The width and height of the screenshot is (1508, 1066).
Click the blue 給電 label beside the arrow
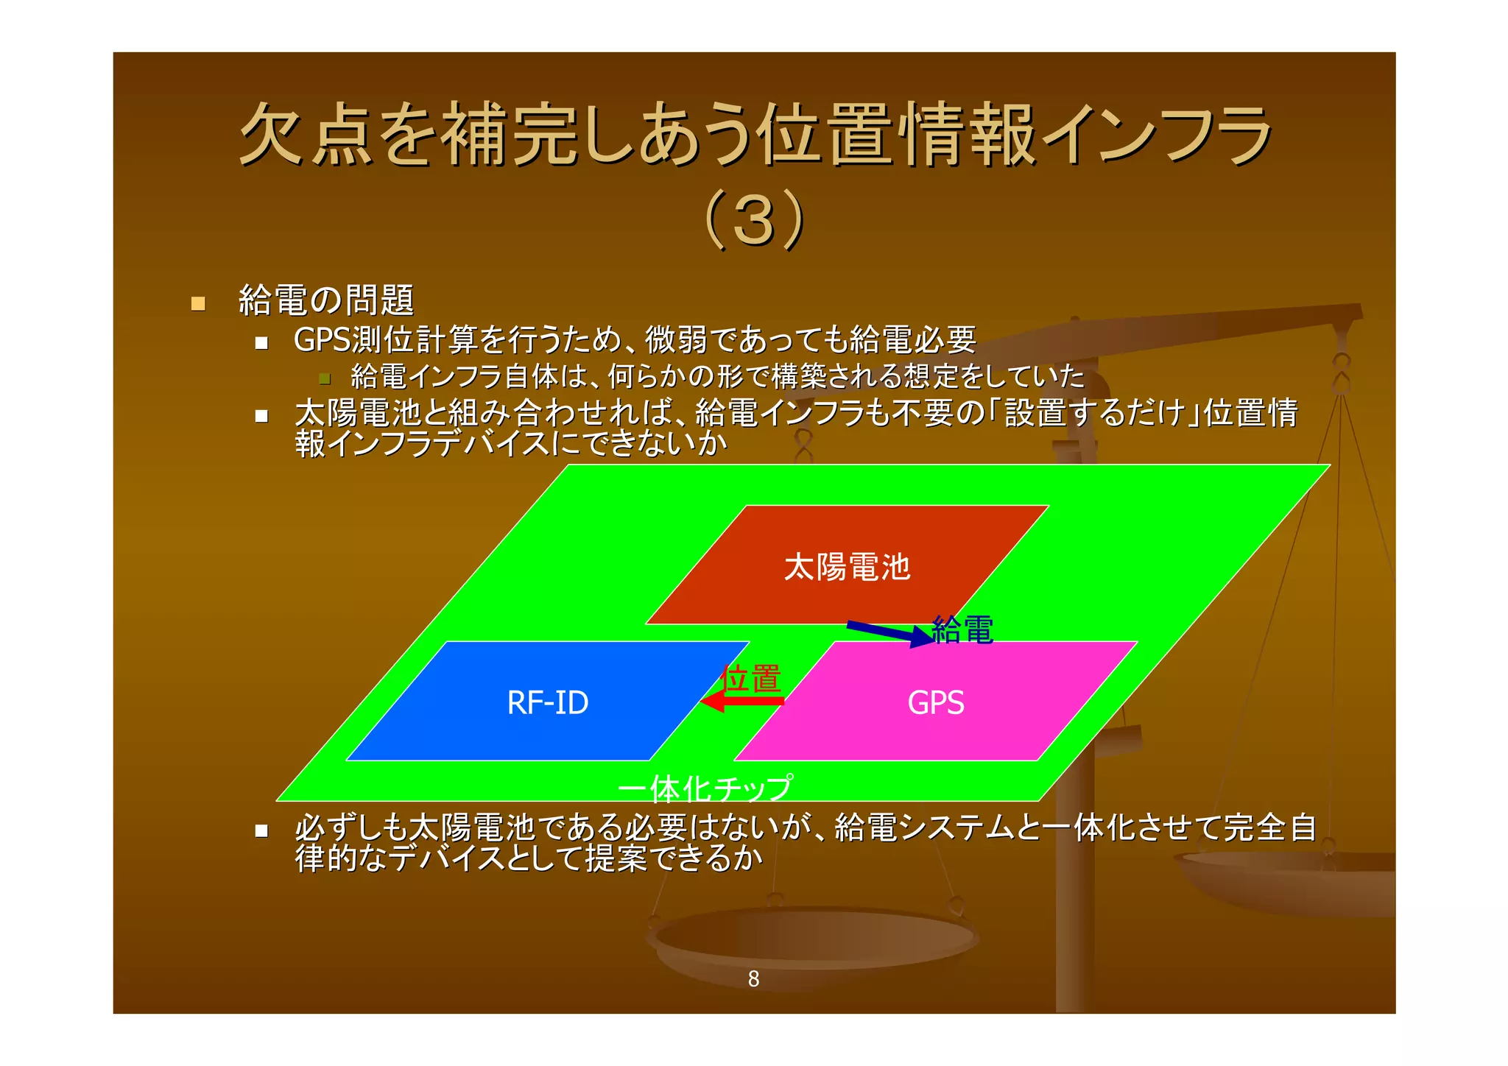tap(962, 630)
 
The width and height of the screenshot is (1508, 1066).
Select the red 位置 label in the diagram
tap(751, 678)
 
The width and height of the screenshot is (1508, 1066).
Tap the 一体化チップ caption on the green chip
tap(705, 788)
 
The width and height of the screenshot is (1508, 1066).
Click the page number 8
tap(753, 978)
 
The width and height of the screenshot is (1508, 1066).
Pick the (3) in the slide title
tap(754, 219)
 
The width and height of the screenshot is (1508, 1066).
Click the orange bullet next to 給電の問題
tap(198, 303)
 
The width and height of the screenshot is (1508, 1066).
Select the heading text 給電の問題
tap(326, 300)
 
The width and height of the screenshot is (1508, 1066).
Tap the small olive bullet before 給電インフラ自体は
tap(325, 379)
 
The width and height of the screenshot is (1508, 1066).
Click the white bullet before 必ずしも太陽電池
tap(261, 830)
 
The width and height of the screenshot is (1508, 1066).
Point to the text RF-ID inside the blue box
tap(547, 702)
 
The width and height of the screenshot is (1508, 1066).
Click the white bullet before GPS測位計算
tap(261, 342)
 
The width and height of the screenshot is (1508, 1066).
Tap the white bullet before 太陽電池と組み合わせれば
tap(261, 416)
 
